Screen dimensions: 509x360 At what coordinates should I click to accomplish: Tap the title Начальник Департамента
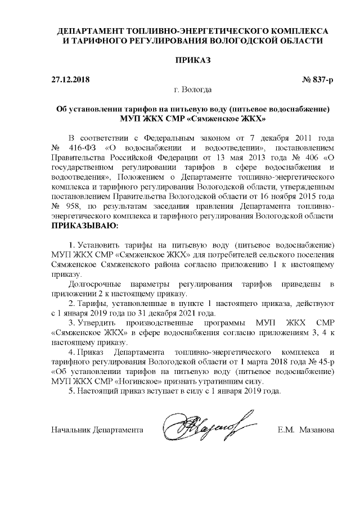[x=96, y=431]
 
